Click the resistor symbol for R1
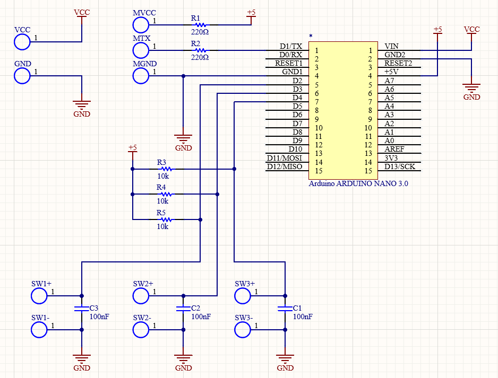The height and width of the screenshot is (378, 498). [200, 24]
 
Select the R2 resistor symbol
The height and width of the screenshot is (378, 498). [200, 50]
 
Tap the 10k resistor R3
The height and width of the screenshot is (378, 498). [166, 169]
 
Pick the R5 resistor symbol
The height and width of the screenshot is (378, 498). [166, 219]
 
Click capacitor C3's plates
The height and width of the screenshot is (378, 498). [81, 308]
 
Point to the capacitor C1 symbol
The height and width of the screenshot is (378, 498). [285, 308]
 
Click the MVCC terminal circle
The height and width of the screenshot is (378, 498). [141, 24]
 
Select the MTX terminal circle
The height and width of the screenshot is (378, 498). [141, 50]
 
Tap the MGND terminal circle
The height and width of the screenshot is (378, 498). [141, 76]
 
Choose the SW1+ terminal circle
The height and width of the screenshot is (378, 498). [39, 296]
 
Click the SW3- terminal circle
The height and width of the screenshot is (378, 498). [243, 330]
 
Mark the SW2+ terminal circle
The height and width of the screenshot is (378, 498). [141, 296]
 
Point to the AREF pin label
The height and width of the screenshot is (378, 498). [394, 150]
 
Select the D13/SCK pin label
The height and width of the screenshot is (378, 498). [400, 167]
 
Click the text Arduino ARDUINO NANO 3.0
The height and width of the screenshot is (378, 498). [358, 183]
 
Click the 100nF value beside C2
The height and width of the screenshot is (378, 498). [201, 317]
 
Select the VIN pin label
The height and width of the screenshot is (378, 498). [392, 46]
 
